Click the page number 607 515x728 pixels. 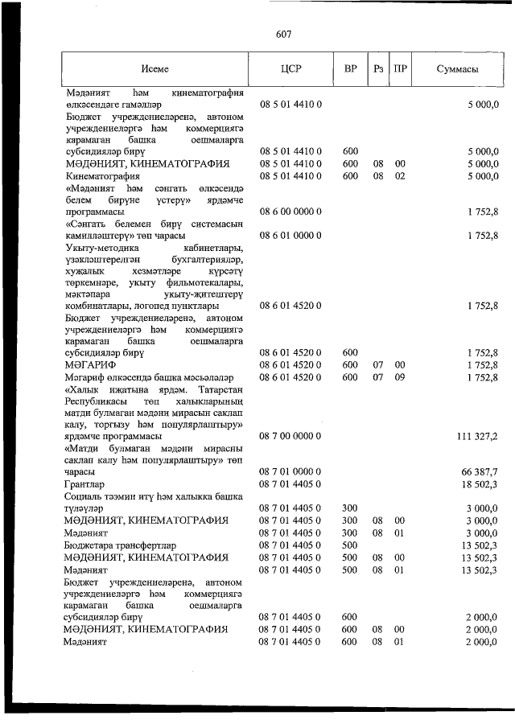(282, 34)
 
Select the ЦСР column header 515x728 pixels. (290, 69)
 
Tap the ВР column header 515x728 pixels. (350, 69)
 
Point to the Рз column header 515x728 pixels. (377, 69)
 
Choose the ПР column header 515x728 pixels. (399, 69)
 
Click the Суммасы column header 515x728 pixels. (457, 69)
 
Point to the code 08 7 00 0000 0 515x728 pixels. (290, 435)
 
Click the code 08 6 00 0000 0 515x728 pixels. (290, 212)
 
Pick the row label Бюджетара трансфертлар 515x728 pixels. (114, 545)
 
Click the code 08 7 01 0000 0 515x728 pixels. (290, 471)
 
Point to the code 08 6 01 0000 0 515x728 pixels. (290, 236)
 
